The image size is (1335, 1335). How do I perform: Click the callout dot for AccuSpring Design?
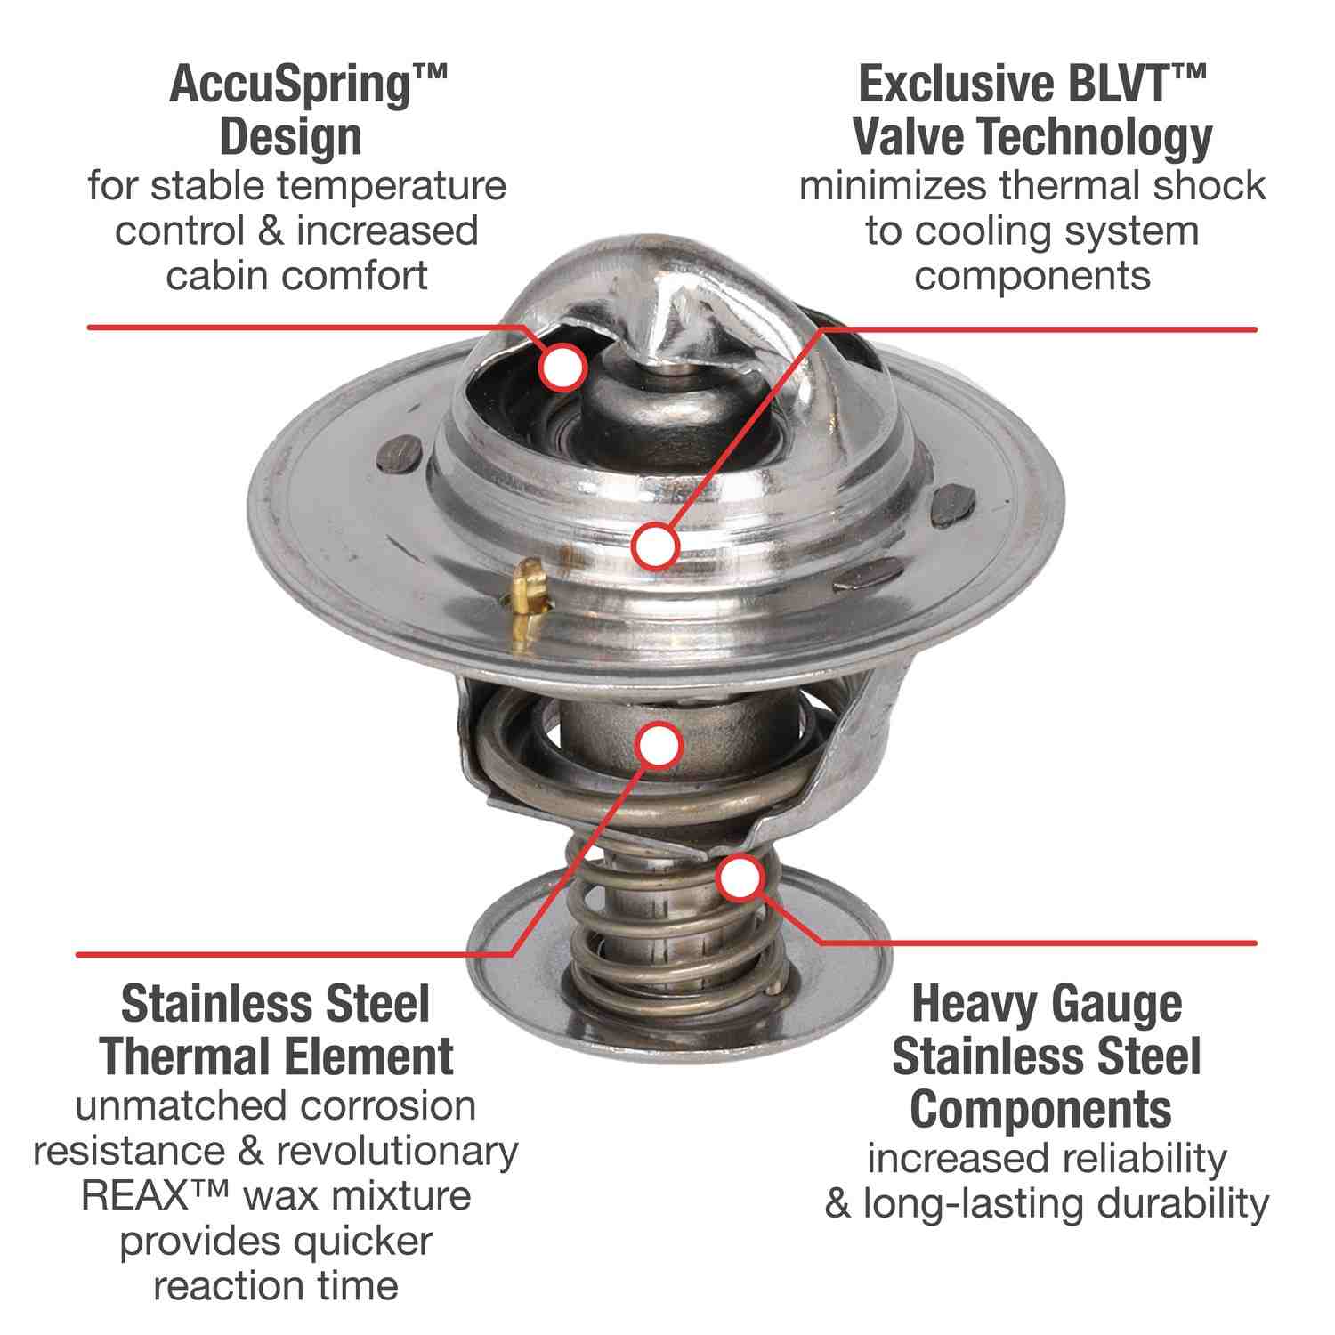[x=562, y=367]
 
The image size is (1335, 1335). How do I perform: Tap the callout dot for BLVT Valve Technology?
[x=656, y=545]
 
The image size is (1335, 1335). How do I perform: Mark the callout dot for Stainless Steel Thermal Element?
[x=659, y=746]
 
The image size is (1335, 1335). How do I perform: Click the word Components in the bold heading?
[x=1040, y=1109]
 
